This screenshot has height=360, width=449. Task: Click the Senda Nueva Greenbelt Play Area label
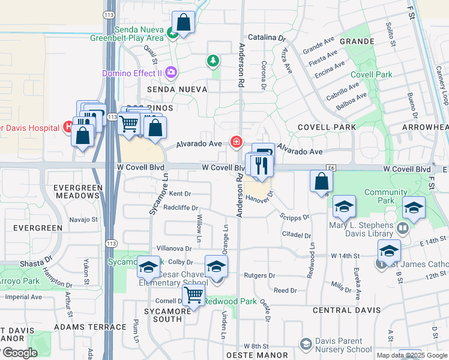click(x=127, y=34)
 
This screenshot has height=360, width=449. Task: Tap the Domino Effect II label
click(x=132, y=73)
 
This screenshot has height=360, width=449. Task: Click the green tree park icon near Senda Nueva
click(x=212, y=60)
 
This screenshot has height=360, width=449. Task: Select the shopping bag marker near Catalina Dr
click(x=184, y=24)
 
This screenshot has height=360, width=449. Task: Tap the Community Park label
click(x=385, y=197)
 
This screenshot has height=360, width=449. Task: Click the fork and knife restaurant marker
click(x=261, y=166)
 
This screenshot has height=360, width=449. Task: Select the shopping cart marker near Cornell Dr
click(x=193, y=296)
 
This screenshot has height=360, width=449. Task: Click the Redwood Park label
click(x=231, y=301)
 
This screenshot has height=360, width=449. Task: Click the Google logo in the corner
click(x=19, y=353)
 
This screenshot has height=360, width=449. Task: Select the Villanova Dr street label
click(x=173, y=248)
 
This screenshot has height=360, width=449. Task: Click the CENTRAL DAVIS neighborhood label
click(x=346, y=310)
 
